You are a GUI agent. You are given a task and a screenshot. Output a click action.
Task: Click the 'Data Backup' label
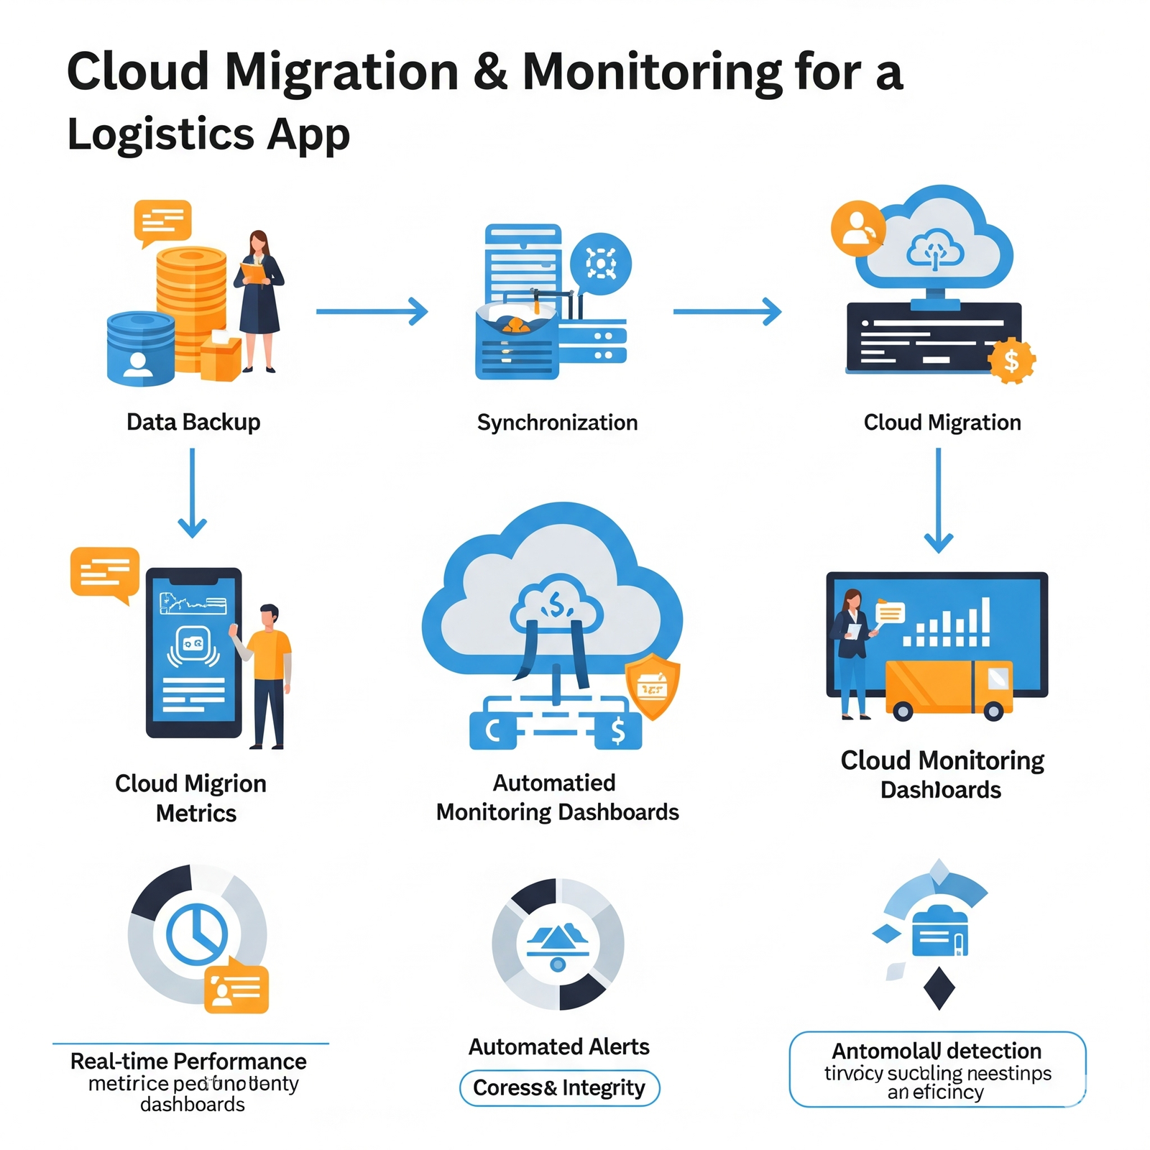tap(193, 422)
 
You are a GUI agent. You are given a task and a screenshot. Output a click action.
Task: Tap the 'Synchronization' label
tap(557, 423)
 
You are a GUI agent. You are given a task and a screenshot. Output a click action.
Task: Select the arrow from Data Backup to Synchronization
tap(372, 311)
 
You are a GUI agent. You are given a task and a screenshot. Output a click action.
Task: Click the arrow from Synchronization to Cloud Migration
tap(727, 311)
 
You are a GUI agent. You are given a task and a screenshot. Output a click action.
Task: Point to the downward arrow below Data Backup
tap(192, 493)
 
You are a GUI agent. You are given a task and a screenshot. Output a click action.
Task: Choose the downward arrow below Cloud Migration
tap(938, 500)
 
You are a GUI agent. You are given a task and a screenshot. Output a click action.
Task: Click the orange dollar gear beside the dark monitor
tap(1011, 361)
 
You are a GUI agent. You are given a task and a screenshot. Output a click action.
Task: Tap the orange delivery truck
tap(948, 689)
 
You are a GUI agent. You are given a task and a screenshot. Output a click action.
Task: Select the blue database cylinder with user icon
tap(140, 349)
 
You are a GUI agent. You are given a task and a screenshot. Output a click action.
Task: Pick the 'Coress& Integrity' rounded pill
tap(559, 1087)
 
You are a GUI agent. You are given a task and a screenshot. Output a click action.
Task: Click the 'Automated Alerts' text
tap(558, 1046)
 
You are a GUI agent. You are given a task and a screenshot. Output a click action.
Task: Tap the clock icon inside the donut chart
tap(197, 933)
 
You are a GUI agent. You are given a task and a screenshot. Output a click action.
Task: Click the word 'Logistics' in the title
tap(160, 134)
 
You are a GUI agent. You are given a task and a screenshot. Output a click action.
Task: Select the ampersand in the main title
tap(490, 72)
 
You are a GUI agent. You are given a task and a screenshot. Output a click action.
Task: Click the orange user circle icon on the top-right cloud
tap(857, 228)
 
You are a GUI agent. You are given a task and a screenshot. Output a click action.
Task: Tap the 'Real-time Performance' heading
tap(188, 1061)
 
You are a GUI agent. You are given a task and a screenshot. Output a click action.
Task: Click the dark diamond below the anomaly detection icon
tap(939, 988)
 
